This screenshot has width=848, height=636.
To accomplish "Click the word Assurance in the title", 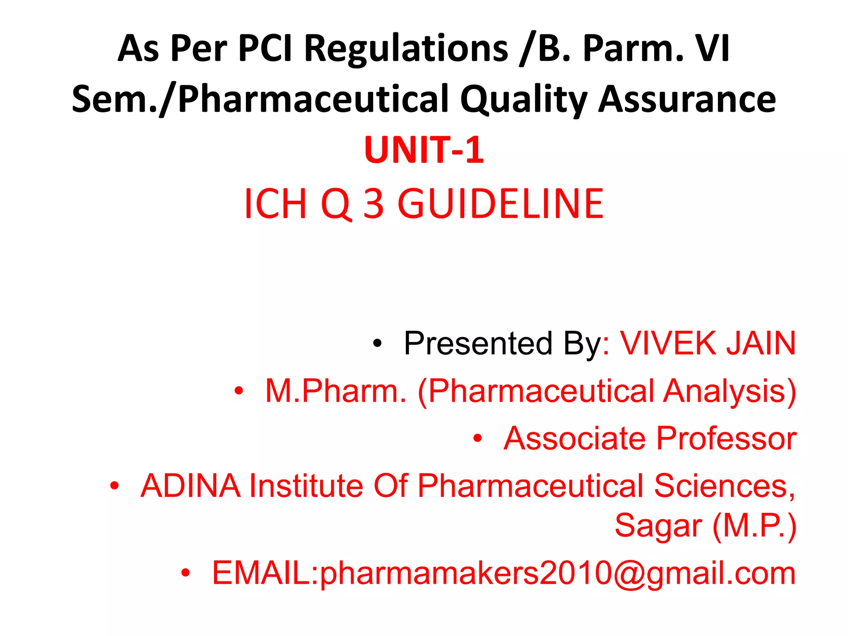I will (x=687, y=99).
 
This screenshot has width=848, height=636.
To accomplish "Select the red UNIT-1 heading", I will (x=424, y=150).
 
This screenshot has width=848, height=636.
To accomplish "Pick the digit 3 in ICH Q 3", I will (x=373, y=204).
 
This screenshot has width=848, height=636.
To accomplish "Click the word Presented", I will (x=478, y=343).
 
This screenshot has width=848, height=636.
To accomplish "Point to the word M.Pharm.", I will (x=335, y=391).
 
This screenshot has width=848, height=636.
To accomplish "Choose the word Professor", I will (x=726, y=438).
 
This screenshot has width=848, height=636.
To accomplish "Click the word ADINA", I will (x=190, y=486).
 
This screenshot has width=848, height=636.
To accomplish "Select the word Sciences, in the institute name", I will (x=725, y=486).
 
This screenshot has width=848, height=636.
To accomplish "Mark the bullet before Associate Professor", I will (x=478, y=438).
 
